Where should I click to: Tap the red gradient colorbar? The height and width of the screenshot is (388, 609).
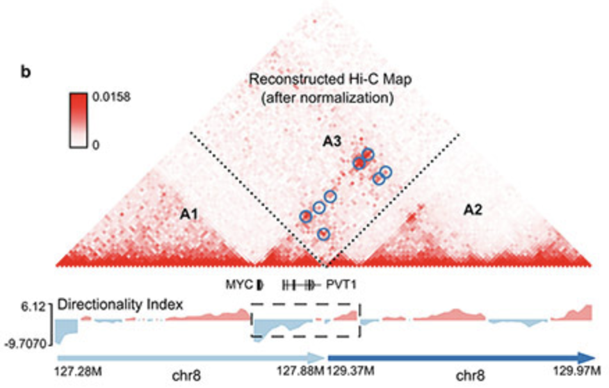[79, 121]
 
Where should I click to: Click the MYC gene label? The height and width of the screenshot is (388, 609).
[236, 284]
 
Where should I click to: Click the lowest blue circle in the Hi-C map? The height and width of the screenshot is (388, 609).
[323, 234]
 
